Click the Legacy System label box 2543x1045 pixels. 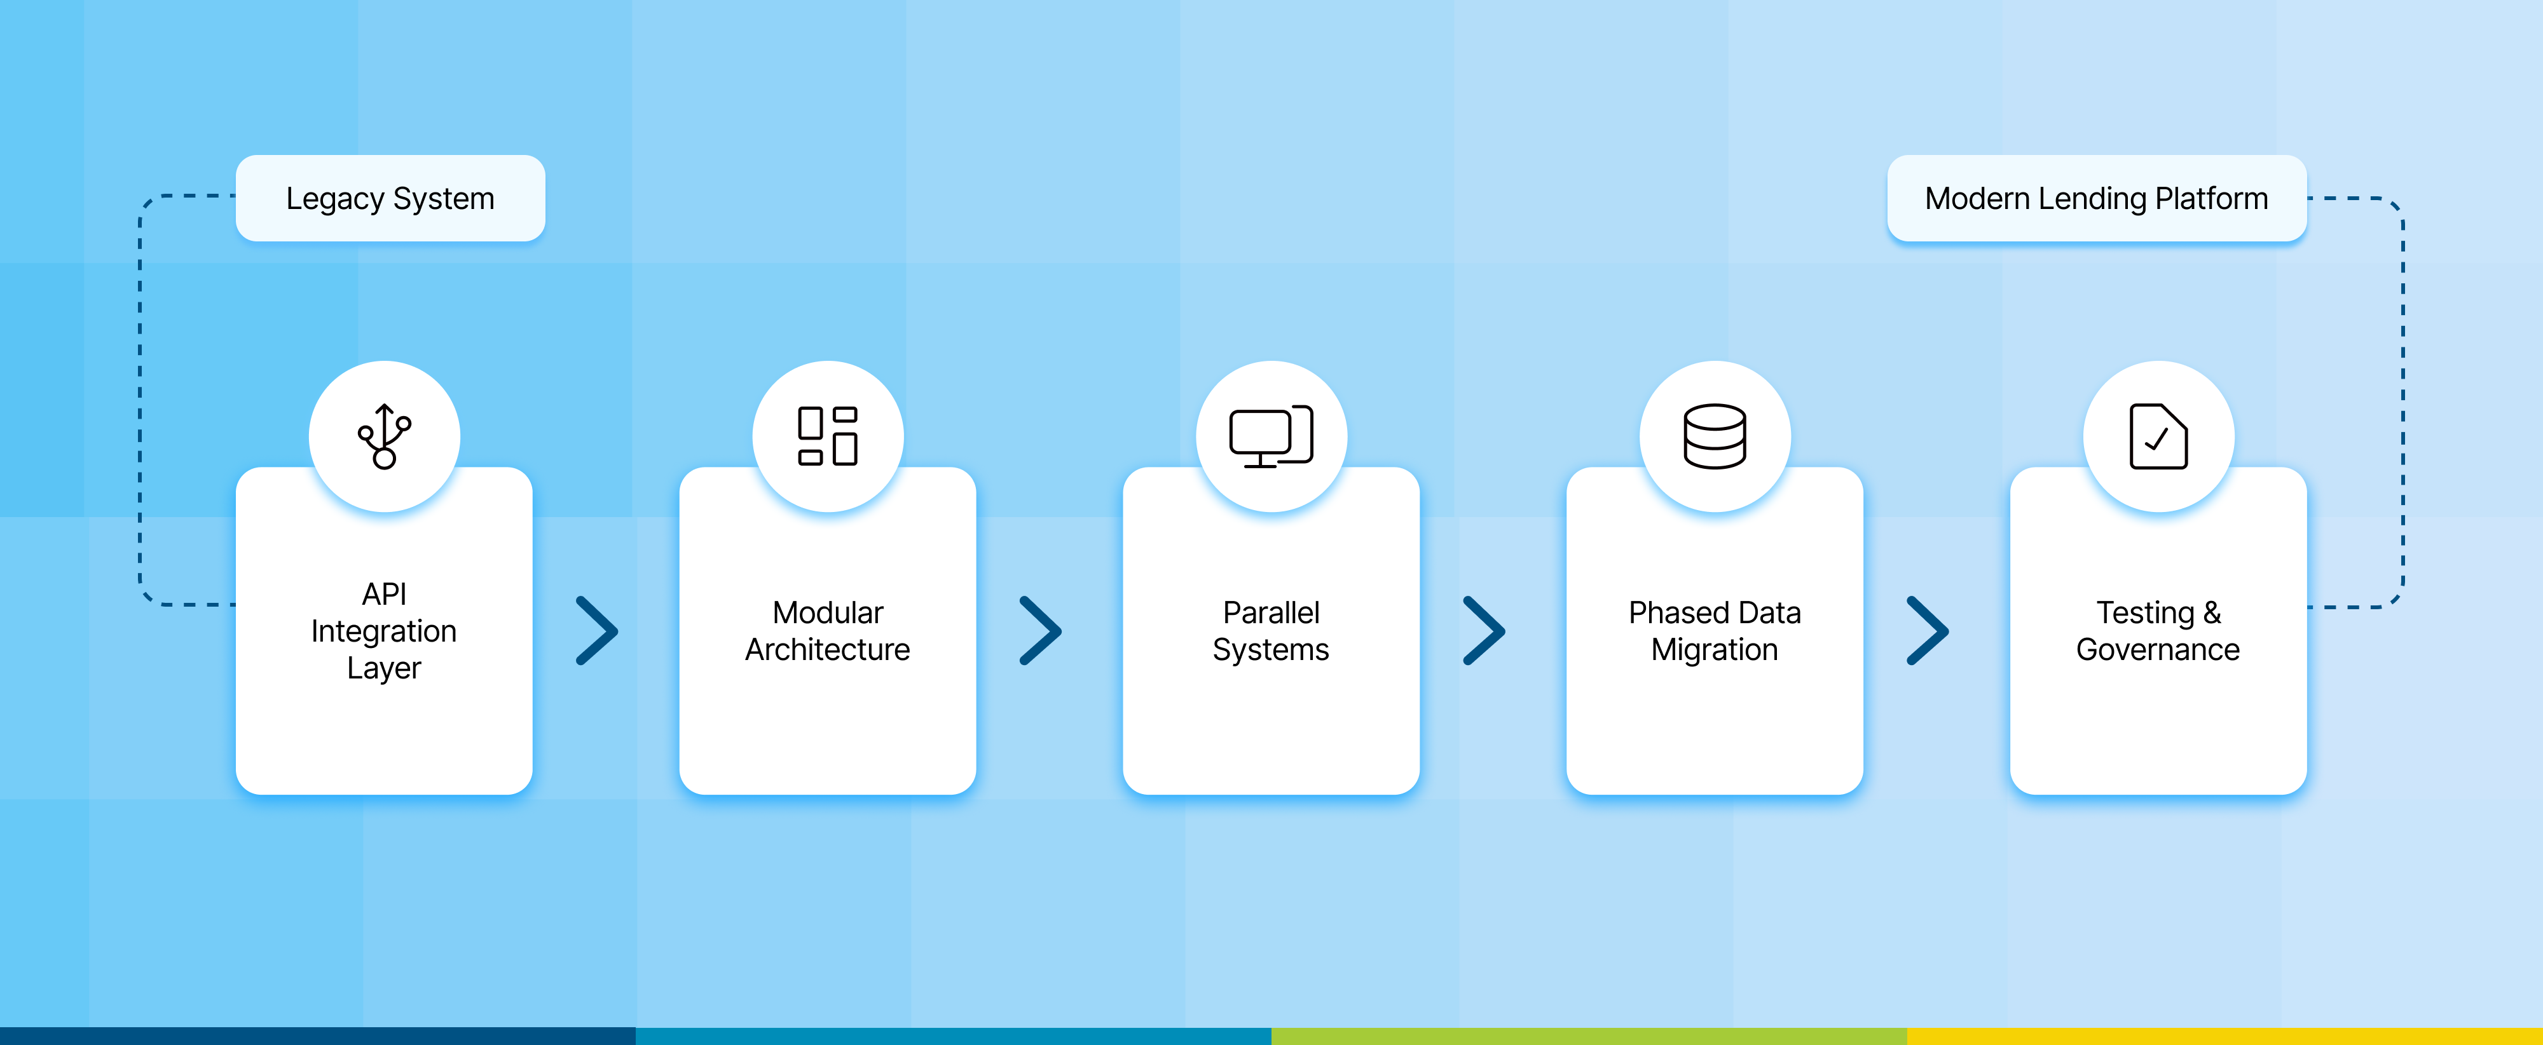tap(390, 198)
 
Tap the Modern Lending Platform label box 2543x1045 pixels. tap(2096, 198)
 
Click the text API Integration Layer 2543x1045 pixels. tap(384, 631)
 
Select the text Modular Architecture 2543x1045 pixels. tap(827, 631)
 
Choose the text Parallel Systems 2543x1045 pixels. tap(1270, 631)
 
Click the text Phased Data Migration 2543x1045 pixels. tap(1714, 631)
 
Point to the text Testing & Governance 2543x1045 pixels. tap(2158, 631)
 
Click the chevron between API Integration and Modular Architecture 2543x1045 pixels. tap(597, 631)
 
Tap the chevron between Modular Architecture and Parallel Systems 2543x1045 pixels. tap(1041, 631)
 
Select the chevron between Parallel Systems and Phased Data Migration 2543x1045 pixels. tap(1484, 631)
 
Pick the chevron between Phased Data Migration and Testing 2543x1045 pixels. tap(1927, 631)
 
